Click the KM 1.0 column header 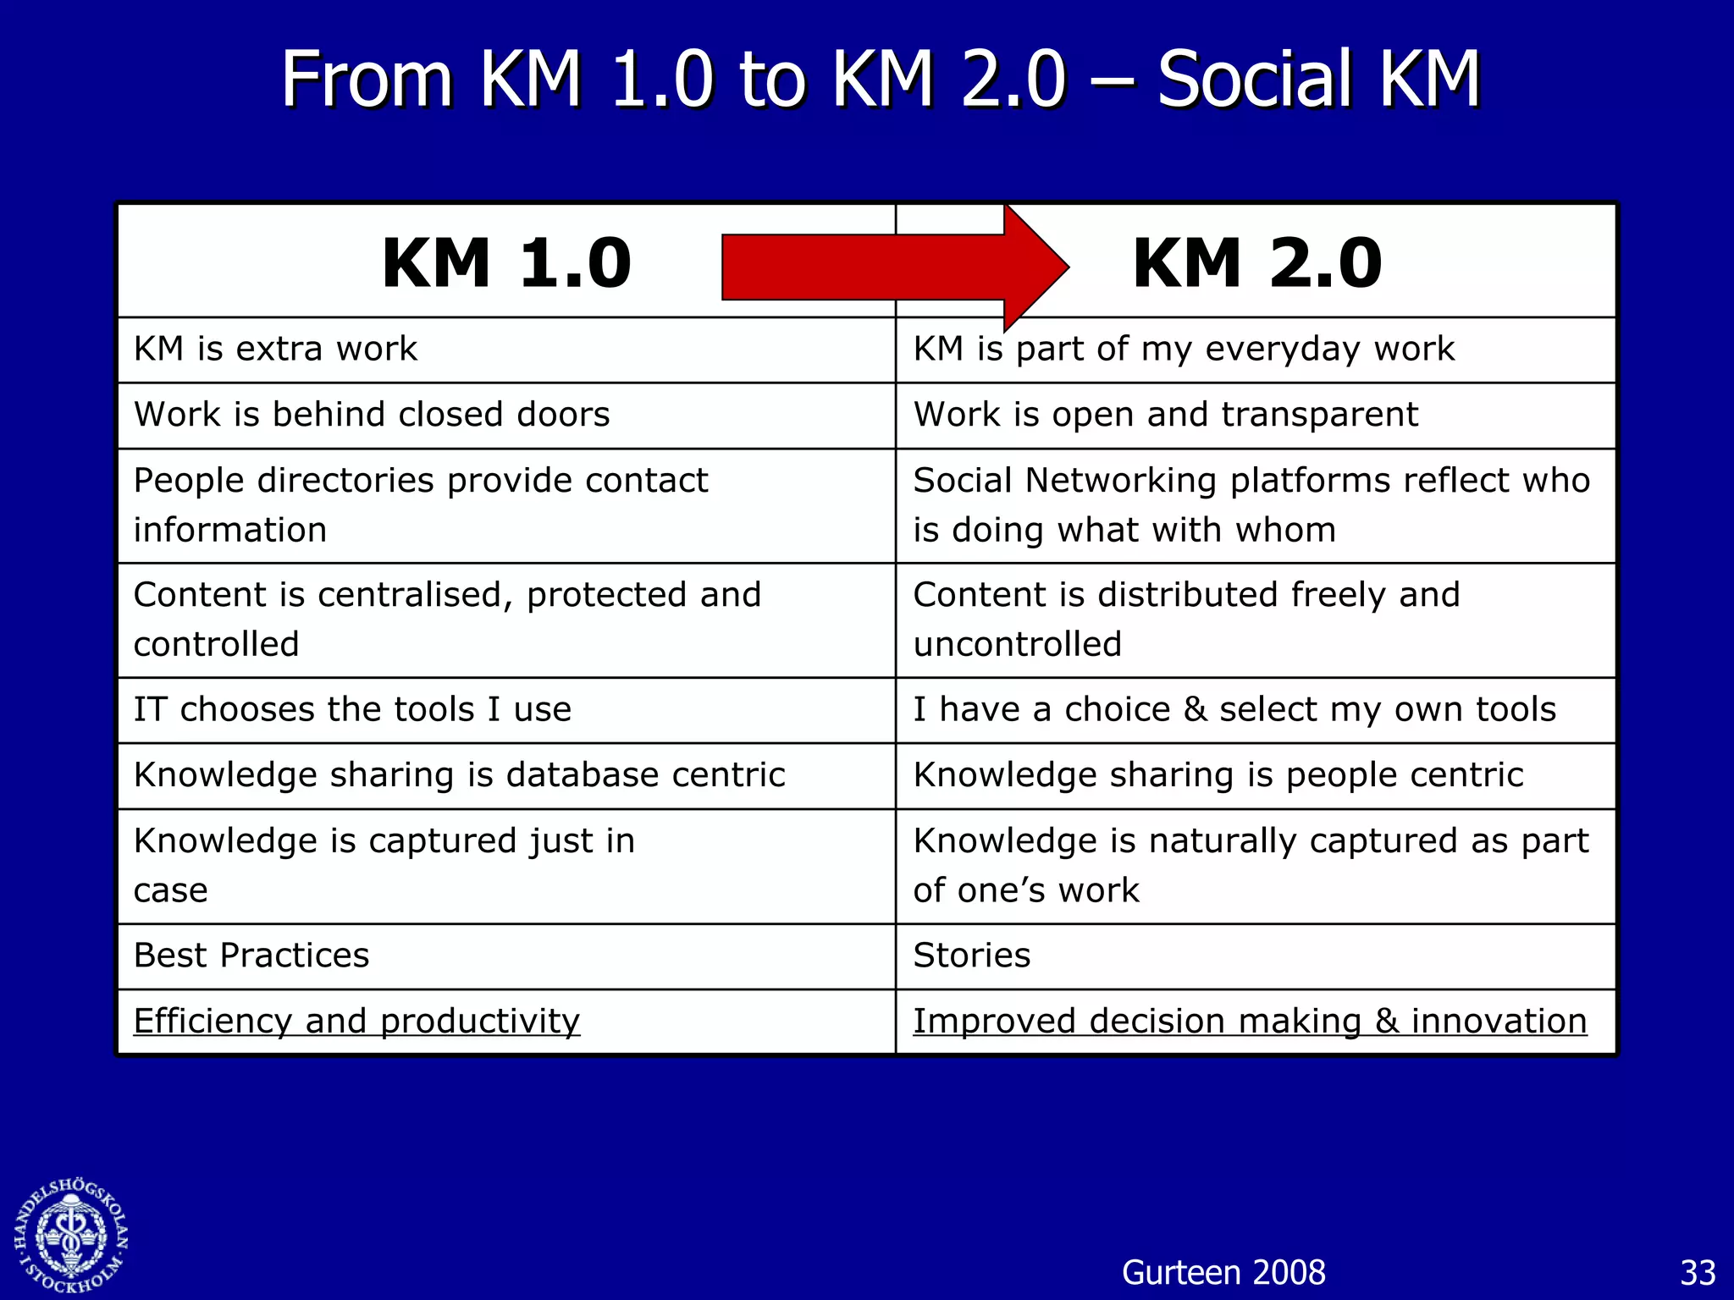pyautogui.click(x=506, y=263)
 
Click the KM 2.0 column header pyautogui.click(x=1256, y=263)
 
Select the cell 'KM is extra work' pyautogui.click(x=276, y=349)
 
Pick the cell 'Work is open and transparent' pyautogui.click(x=1165, y=415)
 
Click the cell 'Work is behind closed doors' pyautogui.click(x=372, y=415)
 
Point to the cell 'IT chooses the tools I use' pyautogui.click(x=352, y=709)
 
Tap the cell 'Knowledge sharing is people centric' pyautogui.click(x=1218, y=775)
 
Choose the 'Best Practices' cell pyautogui.click(x=251, y=956)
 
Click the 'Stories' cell pyautogui.click(x=972, y=956)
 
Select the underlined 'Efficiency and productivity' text pyautogui.click(x=356, y=1021)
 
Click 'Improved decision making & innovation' pyautogui.click(x=1250, y=1021)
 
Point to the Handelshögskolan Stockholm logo pyautogui.click(x=71, y=1236)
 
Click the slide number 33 pyautogui.click(x=1698, y=1273)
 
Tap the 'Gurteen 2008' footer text pyautogui.click(x=1223, y=1272)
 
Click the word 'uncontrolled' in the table pyautogui.click(x=1018, y=645)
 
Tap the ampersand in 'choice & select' pyautogui.click(x=1195, y=709)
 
